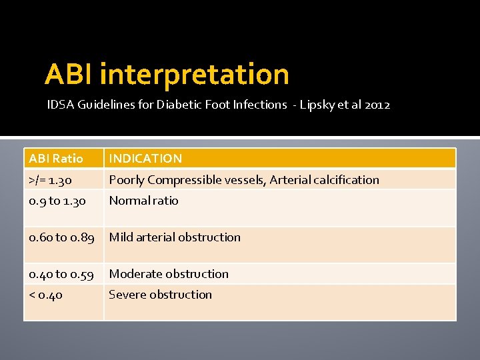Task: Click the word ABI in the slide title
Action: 69,75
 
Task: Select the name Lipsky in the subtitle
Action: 319,105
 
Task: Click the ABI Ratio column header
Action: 56,159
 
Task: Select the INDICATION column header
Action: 145,159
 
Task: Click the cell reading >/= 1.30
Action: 51,180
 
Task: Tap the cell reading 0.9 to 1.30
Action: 57,201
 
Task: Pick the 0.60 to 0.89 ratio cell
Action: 61,237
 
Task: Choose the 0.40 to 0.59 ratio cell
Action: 61,274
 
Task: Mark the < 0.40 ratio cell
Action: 46,295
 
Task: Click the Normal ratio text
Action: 143,201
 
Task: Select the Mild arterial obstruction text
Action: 175,237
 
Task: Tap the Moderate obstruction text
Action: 169,274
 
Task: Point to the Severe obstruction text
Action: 160,295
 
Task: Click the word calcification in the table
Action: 346,180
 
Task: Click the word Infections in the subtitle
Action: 261,105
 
